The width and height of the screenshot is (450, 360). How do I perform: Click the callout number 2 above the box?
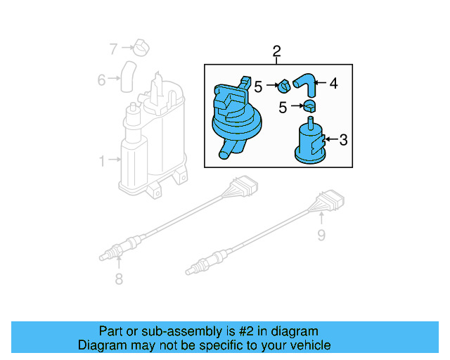point(276,51)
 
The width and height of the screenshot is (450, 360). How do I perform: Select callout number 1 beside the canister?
point(101,161)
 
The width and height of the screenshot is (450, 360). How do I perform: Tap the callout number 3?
point(343,140)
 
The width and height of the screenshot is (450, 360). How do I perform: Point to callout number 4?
point(333,84)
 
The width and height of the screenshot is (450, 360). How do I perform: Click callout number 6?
point(101,80)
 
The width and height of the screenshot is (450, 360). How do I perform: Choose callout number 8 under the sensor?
point(118,279)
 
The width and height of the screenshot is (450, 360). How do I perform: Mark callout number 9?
point(321,235)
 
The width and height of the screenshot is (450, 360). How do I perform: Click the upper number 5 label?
point(258,87)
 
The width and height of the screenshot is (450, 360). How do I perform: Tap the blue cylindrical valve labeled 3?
point(309,144)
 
